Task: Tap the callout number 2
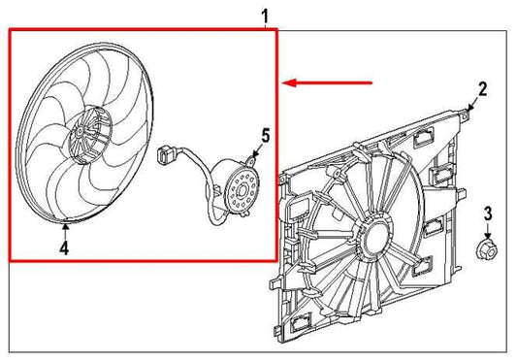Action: (x=483, y=88)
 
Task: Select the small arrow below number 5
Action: (x=255, y=152)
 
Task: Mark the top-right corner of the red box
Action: (x=276, y=29)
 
